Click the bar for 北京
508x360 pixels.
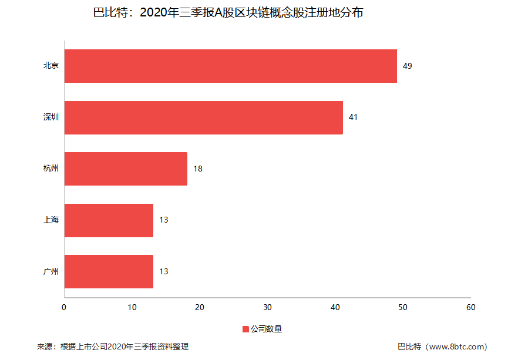(x=230, y=66)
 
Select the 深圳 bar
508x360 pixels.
(x=203, y=117)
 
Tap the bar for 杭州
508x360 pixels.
(x=126, y=169)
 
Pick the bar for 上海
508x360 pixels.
(x=109, y=220)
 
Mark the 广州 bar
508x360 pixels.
(x=109, y=271)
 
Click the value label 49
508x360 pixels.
(x=407, y=66)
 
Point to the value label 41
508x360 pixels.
(x=353, y=117)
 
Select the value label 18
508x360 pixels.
(x=198, y=169)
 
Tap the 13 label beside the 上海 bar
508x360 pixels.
(x=164, y=220)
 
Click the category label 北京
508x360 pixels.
(x=51, y=66)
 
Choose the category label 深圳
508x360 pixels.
(x=51, y=117)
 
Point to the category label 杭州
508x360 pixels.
(x=51, y=169)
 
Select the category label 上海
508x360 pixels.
(x=51, y=220)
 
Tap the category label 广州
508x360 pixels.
(x=51, y=272)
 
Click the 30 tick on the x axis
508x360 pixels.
(x=267, y=307)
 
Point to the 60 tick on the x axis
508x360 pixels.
(x=470, y=307)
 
